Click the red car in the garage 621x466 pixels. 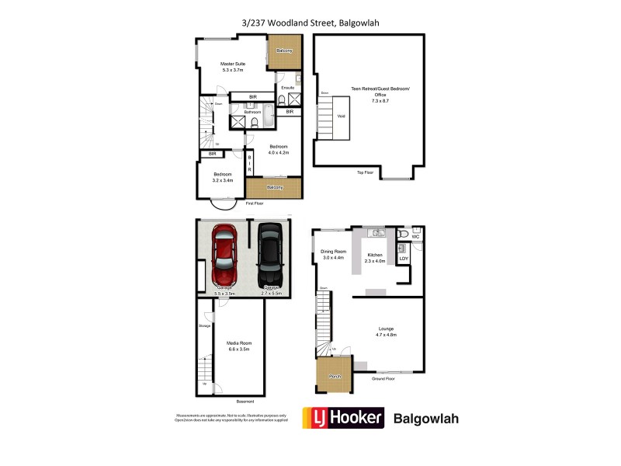[x=224, y=256]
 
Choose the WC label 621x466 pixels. [x=415, y=235]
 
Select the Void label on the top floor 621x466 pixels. [x=341, y=117]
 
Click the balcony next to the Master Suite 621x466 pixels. [x=285, y=52]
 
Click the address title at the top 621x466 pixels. [x=310, y=22]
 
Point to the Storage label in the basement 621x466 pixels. [x=204, y=325]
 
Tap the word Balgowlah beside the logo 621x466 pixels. [x=427, y=418]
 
